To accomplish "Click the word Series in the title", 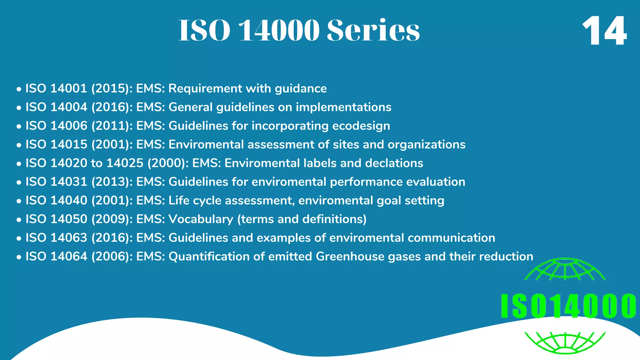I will (x=373, y=30).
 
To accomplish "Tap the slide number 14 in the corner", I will (x=604, y=31).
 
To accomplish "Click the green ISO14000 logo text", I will (x=568, y=306).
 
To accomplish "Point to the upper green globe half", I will (x=565, y=269).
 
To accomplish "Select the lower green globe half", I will (x=565, y=342).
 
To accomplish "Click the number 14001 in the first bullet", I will (x=69, y=88).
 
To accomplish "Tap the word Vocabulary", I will (x=201, y=219).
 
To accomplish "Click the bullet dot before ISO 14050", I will (x=19, y=220).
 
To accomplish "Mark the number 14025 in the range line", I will (x=125, y=163).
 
